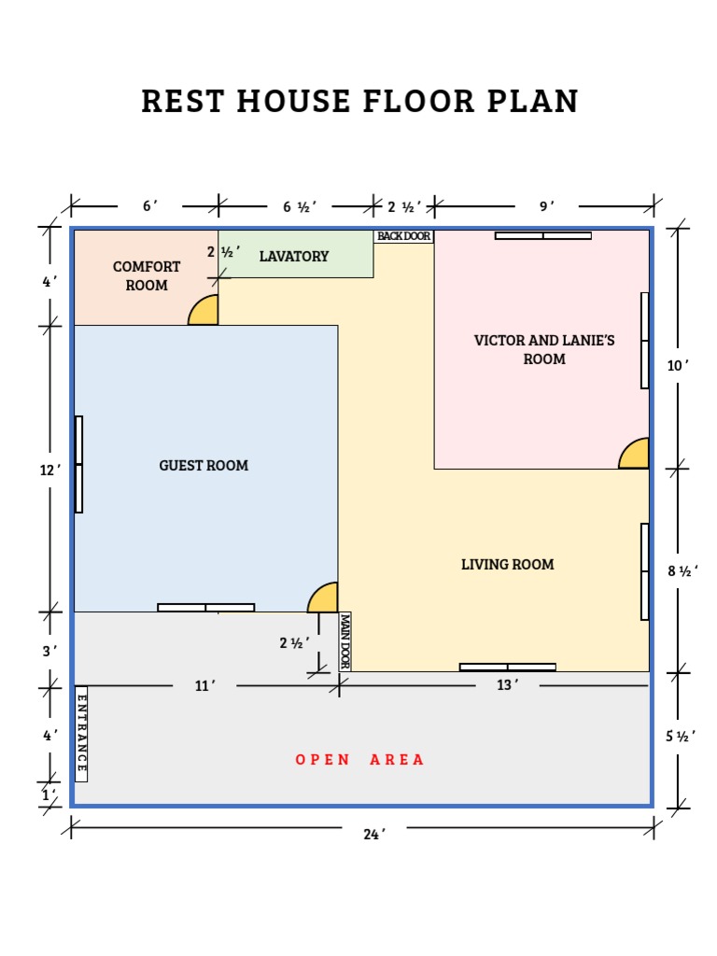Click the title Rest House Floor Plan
[359, 101]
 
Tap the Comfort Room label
[147, 276]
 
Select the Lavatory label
[294, 257]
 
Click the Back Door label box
[403, 236]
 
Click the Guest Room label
[204, 466]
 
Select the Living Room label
[507, 565]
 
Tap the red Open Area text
[359, 760]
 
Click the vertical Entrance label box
[81, 734]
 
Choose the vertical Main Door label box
[344, 641]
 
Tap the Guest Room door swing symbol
[324, 598]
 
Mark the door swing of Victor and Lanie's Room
[635, 454]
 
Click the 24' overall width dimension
[374, 835]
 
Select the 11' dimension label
[204, 686]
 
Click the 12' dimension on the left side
[49, 471]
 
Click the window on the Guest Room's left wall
[79, 464]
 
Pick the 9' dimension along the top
[547, 206]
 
